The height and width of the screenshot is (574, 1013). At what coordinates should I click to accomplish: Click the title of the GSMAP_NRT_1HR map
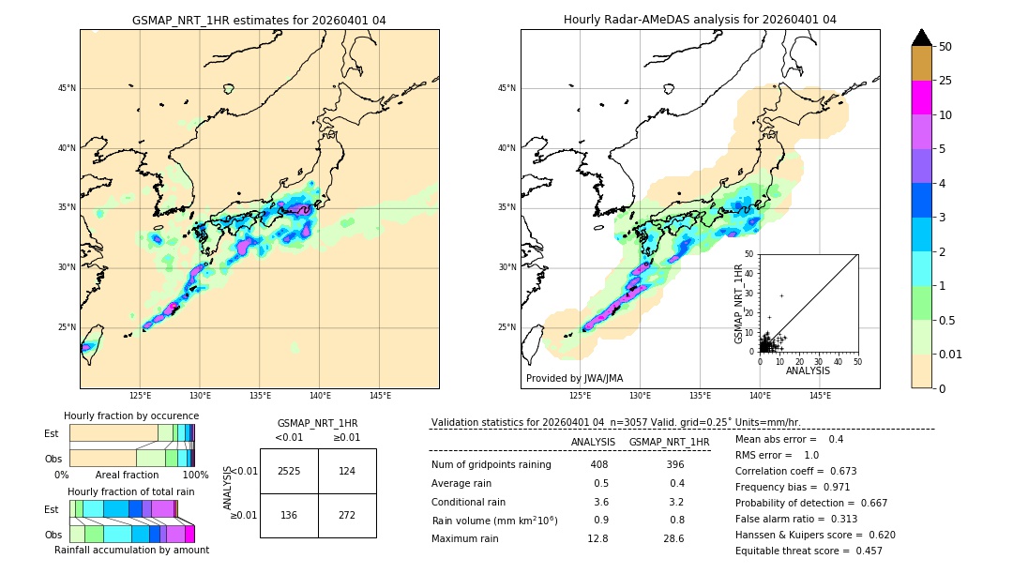(259, 20)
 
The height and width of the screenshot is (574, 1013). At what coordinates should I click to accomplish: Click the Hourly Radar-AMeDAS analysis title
(700, 20)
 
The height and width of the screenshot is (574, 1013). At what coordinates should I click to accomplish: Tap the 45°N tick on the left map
(67, 88)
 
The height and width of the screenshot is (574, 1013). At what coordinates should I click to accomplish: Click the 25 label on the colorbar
(946, 81)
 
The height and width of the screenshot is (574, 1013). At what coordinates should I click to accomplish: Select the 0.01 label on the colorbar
(949, 354)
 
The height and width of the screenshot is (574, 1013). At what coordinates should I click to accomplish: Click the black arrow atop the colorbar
(922, 38)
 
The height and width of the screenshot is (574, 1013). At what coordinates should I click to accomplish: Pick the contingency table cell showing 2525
(289, 471)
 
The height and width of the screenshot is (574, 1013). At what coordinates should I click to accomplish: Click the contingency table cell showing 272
(347, 515)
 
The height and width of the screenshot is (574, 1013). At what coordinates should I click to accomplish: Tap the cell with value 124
(347, 471)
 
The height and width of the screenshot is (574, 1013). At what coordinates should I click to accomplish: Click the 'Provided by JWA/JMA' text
(574, 378)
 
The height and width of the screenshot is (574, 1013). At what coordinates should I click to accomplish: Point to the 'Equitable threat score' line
(809, 551)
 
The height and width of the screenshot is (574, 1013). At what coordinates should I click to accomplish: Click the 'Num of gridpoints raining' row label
(491, 465)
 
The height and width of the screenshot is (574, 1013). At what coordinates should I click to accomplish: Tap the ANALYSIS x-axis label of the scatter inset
(808, 370)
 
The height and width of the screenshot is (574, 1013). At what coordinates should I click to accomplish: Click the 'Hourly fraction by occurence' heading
(131, 415)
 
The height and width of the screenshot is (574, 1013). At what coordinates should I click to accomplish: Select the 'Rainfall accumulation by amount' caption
(131, 550)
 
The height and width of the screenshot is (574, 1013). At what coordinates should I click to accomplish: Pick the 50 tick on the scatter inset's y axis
(750, 254)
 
